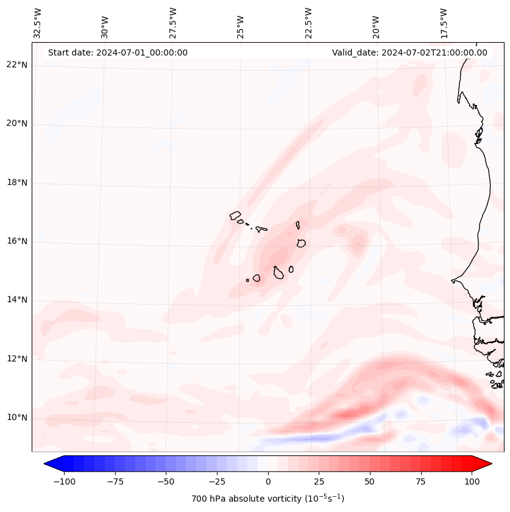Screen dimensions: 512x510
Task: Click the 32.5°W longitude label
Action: click(38, 23)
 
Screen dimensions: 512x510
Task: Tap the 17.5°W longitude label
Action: click(445, 23)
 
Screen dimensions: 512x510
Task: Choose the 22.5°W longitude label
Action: click(308, 23)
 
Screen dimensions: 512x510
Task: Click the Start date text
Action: click(118, 52)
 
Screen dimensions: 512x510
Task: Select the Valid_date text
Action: click(409, 52)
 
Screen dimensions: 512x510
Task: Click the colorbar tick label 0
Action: click(267, 481)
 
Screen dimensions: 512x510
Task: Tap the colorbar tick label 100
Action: click(471, 481)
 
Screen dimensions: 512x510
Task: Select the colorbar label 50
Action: click(369, 481)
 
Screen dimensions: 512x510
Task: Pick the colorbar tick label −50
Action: click(166, 481)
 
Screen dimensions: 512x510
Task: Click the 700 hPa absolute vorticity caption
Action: click(267, 499)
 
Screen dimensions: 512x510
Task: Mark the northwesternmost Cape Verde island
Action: click(235, 215)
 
